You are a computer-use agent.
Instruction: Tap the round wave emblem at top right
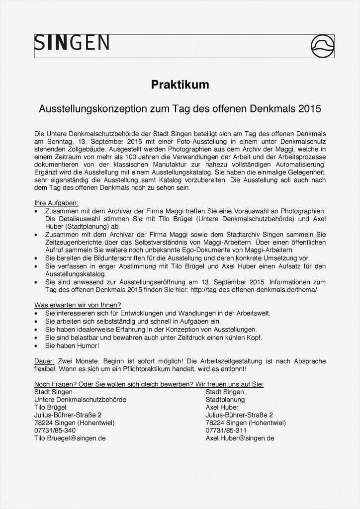tap(322, 46)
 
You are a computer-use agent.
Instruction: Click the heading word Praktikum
tap(180, 85)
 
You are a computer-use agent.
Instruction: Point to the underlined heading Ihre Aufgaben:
tap(56, 203)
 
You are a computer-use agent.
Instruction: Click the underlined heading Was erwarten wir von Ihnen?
tap(78, 305)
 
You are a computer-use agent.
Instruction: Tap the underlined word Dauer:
tap(44, 361)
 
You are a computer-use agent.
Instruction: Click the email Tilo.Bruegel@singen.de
tap(70, 438)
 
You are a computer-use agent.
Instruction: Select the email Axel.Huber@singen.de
tap(240, 438)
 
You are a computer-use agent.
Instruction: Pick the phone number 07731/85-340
tap(55, 430)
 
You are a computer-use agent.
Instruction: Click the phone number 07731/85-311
tap(226, 430)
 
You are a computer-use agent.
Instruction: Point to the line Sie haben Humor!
tap(72, 345)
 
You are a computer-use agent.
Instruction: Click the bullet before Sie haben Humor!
tap(36, 346)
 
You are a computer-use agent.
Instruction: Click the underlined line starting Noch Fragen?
tap(149, 384)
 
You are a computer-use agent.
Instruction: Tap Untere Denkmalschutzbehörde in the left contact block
tap(80, 400)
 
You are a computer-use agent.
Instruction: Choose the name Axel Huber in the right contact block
tap(222, 407)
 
